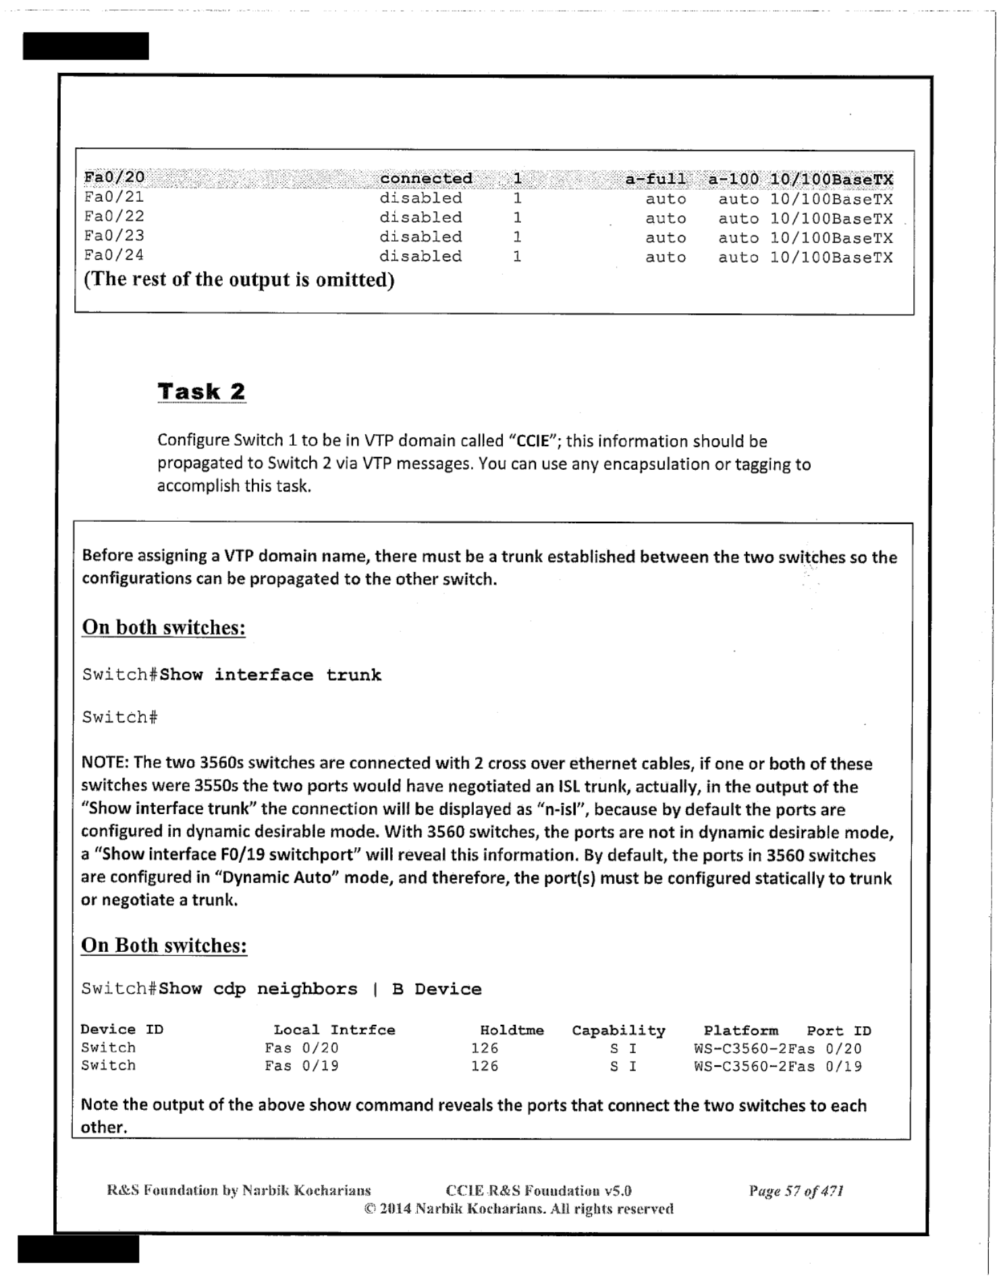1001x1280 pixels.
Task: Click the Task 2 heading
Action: [x=201, y=392]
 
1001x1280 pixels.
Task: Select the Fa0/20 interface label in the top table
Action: [x=114, y=177]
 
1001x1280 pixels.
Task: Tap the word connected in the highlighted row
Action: [x=426, y=178]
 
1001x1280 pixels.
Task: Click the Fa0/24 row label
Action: [x=114, y=255]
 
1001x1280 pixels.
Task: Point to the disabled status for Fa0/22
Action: [x=421, y=217]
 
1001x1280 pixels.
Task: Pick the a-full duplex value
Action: [x=655, y=179]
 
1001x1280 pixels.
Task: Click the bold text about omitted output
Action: [x=239, y=279]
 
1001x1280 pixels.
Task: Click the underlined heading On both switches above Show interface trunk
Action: [x=163, y=627]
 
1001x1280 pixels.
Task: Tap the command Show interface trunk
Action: [x=270, y=675]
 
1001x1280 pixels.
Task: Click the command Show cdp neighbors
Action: [x=258, y=989]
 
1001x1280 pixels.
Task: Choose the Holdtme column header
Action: [x=511, y=1030]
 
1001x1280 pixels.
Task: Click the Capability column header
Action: [x=618, y=1030]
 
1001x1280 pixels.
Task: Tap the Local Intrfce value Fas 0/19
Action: [x=301, y=1065]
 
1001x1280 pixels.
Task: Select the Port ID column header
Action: [x=839, y=1031]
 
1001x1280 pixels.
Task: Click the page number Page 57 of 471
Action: [x=796, y=1190]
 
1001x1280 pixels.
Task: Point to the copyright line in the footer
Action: [x=518, y=1208]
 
